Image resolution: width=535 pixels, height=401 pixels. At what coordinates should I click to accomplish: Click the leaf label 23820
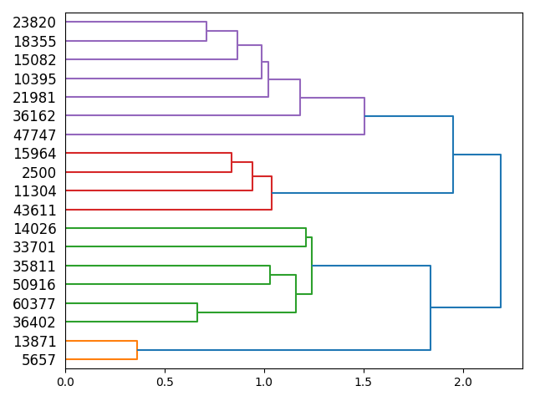coord(34,23)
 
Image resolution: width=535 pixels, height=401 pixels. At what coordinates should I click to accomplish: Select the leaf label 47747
coord(34,135)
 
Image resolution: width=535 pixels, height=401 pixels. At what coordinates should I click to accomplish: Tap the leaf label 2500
coord(38,173)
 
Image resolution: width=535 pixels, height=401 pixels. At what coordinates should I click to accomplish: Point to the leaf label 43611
coord(34,211)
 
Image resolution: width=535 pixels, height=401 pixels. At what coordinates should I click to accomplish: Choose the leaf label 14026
coord(34,229)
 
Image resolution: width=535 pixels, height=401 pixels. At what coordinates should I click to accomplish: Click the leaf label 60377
coord(34,304)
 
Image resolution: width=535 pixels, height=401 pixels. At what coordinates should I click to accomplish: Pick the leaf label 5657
coord(38,360)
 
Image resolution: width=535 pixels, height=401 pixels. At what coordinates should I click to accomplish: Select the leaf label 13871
coord(34,342)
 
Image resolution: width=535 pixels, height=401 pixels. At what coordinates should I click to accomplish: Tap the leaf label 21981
coord(34,98)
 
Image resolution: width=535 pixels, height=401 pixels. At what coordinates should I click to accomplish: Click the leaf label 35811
coord(34,266)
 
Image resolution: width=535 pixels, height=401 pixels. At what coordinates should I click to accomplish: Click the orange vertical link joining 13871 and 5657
coord(137,350)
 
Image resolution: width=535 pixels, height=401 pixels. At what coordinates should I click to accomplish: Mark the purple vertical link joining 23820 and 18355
coord(206,32)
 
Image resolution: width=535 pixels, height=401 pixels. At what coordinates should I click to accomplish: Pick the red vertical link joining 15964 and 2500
coord(232,163)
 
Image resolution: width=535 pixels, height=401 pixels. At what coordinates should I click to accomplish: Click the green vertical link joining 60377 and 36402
coord(197,312)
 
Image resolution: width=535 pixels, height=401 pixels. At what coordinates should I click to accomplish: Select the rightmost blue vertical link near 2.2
coord(501,231)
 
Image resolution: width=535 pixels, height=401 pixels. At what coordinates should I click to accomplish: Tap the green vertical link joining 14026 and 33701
coord(306,237)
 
